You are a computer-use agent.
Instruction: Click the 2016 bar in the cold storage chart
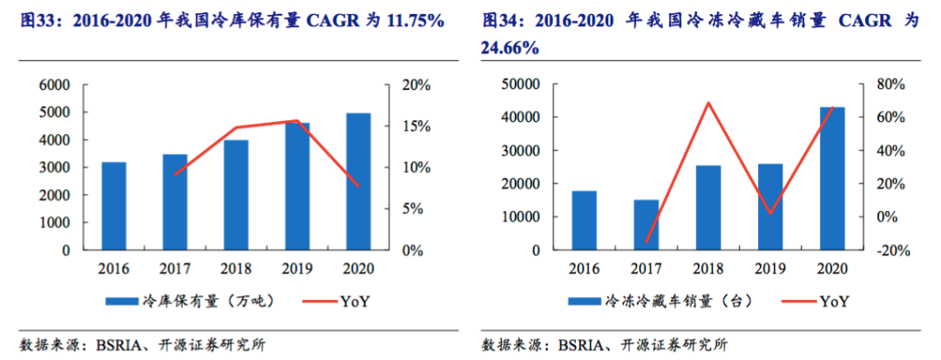(114, 206)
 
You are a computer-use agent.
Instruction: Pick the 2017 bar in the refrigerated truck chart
(647, 225)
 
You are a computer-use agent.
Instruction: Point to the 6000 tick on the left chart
(53, 85)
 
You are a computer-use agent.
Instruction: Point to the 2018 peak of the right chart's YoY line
(708, 103)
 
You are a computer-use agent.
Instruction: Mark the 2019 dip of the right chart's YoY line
(770, 213)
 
